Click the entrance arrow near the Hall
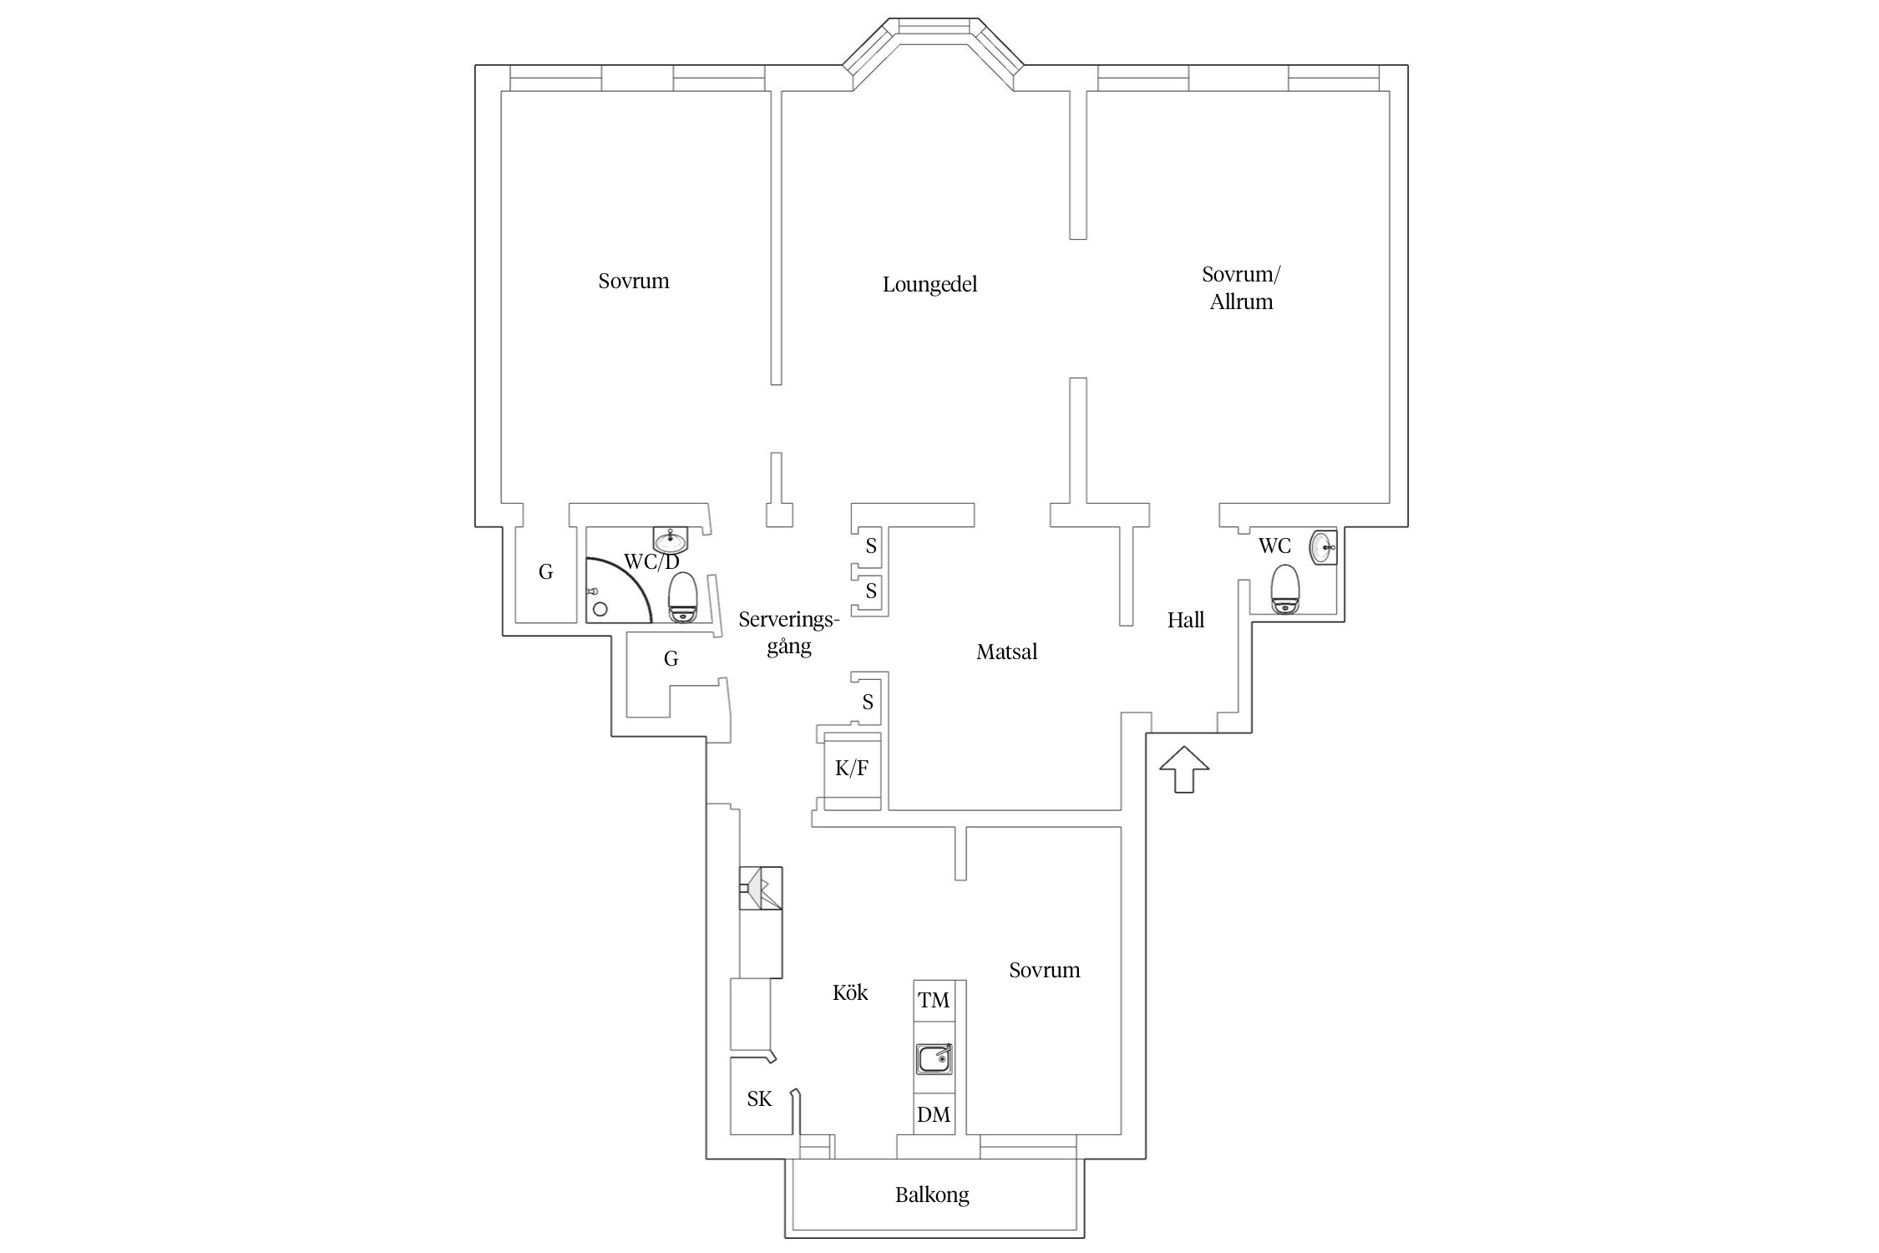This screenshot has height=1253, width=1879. pos(1184,769)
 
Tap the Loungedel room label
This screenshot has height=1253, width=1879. pos(929,285)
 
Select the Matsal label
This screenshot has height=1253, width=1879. pos(1006,652)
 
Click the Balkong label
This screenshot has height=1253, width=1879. pos(932,1195)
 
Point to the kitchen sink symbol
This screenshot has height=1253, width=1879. pos(934,1059)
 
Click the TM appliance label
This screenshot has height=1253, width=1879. pos(934,1001)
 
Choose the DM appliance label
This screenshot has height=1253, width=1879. pos(934,1115)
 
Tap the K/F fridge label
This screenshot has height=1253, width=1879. pos(852,769)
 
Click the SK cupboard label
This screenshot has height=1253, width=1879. pos(760,1099)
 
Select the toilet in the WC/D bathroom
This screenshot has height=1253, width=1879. pos(683,597)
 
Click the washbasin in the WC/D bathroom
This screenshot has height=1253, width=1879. pos(671,541)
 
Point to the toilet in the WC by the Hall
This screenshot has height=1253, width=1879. pos(1285,589)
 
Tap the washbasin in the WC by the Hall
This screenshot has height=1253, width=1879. pos(1324,548)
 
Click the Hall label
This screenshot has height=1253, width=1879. pos(1186,620)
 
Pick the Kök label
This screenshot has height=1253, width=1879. pos(850,992)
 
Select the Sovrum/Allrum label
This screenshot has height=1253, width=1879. pos(1241,288)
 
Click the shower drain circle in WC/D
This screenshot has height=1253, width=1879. pos(600,609)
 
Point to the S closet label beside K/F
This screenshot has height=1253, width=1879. pos(869,702)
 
